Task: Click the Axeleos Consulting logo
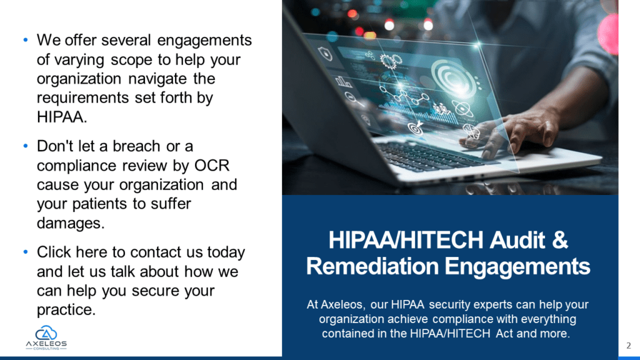(46, 337)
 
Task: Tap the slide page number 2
(629, 346)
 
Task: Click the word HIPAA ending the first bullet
(62, 117)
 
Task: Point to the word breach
(136, 146)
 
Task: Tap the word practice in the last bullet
(66, 310)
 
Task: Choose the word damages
(71, 223)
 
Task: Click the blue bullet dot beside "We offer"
(26, 40)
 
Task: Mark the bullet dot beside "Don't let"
(26, 146)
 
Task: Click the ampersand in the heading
(559, 239)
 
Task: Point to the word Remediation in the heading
(372, 266)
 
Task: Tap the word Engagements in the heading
(517, 267)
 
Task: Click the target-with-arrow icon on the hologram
(416, 127)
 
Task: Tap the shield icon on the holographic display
(325, 54)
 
